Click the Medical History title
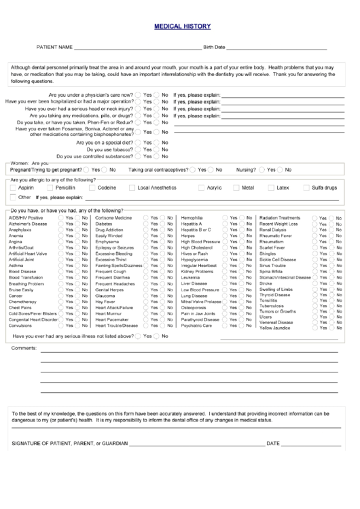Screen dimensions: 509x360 click(x=182, y=27)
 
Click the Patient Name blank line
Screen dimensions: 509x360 click(x=136, y=49)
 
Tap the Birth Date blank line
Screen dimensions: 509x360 click(x=277, y=49)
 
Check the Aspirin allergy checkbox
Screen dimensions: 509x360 click(x=13, y=188)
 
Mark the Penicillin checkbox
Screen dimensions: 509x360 click(x=50, y=188)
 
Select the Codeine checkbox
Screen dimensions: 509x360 click(x=92, y=188)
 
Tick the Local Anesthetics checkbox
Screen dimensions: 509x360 click(x=132, y=188)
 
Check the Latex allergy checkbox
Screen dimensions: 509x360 click(x=271, y=188)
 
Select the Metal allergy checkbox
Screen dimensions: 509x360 click(x=236, y=188)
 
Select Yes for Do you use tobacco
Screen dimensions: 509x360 click(x=139, y=150)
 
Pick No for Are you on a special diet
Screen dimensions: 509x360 click(x=157, y=143)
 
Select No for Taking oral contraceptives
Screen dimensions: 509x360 click(x=211, y=169)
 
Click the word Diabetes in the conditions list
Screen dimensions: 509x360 click(x=104, y=224)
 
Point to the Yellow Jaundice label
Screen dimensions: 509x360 click(x=275, y=328)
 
